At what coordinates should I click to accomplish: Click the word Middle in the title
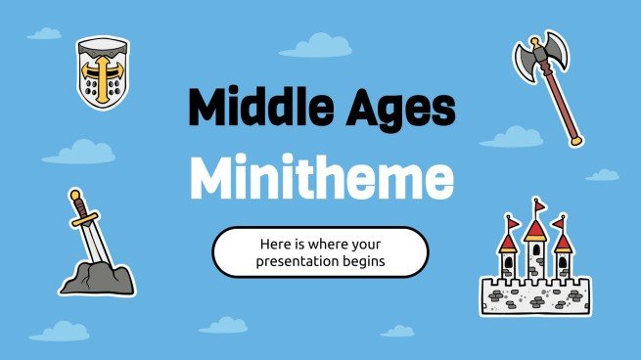[x=252, y=109]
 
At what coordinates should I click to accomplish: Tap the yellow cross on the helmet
[x=103, y=67]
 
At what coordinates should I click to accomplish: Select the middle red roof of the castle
[x=534, y=231]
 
